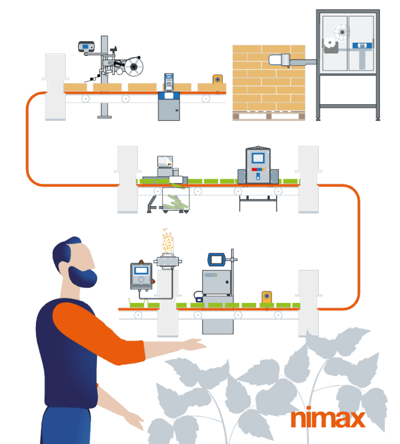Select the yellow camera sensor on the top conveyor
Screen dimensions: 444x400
pyautogui.click(x=217, y=80)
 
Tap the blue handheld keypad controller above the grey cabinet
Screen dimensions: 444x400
pyautogui.click(x=169, y=81)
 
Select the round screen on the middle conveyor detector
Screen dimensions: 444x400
pyautogui.click(x=258, y=158)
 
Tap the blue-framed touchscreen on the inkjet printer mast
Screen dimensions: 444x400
pyautogui.click(x=217, y=259)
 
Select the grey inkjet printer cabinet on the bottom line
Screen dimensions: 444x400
pyautogui.click(x=217, y=284)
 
